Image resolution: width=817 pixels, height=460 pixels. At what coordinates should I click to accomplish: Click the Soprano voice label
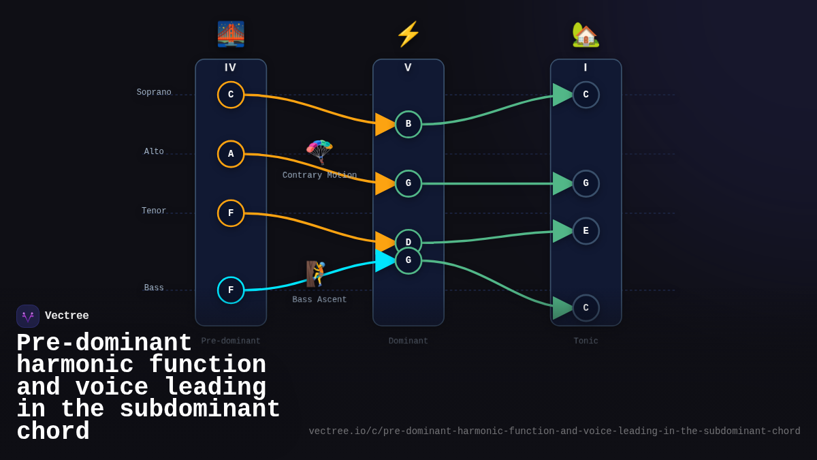pos(154,93)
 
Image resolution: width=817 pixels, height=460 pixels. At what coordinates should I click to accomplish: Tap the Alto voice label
pos(154,152)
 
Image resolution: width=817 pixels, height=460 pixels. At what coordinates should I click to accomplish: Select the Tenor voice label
pos(154,211)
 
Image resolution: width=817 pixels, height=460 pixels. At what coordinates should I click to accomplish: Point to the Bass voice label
pos(154,288)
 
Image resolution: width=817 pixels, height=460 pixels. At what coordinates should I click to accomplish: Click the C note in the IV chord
pos(231,95)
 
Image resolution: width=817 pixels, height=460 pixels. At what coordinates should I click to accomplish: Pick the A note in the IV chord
pos(231,154)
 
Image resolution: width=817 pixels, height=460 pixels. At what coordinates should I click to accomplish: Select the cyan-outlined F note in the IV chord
pos(231,290)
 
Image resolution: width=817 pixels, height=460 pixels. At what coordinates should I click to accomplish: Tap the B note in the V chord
pos(408,124)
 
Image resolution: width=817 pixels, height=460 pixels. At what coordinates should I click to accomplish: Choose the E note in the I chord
pos(586,231)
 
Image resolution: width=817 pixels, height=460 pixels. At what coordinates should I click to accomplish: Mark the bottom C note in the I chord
pos(586,308)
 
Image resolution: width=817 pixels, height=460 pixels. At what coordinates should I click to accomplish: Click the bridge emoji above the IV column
pos(231,34)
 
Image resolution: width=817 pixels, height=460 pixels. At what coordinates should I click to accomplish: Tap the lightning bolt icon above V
pos(408,34)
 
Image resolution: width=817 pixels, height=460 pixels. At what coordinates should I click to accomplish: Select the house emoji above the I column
pos(586,35)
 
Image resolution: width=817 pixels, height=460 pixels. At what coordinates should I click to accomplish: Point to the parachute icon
pos(319,151)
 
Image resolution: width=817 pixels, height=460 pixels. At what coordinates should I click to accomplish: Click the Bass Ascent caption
pos(319,300)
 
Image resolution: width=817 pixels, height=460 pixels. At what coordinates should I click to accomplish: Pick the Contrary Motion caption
pos(319,176)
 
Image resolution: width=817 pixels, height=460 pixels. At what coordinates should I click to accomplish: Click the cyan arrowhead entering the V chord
pos(385,260)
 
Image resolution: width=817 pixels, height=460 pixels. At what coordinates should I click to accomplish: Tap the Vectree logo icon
pos(28,316)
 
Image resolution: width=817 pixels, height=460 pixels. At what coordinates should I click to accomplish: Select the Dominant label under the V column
pos(408,341)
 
